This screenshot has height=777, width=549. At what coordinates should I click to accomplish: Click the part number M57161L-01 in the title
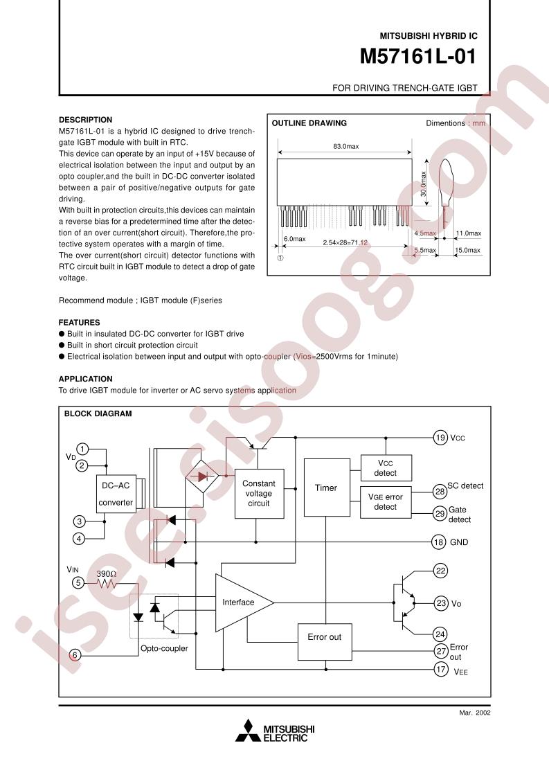418,57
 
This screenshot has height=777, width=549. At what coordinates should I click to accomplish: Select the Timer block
325,488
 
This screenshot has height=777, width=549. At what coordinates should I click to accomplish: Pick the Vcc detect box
386,467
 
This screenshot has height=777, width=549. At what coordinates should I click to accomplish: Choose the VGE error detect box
386,501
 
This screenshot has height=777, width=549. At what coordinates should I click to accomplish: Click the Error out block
324,636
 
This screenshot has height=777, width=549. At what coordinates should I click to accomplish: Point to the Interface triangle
240,602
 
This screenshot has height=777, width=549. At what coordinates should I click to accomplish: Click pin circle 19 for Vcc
440,437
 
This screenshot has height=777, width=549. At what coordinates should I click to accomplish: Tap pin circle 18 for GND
438,542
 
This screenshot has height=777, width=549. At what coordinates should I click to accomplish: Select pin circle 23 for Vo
440,602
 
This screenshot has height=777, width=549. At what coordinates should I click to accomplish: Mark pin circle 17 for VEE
440,669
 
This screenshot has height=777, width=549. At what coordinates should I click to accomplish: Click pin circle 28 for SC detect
440,491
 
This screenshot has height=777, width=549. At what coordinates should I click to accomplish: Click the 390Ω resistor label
106,574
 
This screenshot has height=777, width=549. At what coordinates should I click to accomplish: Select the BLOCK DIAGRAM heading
98,413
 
